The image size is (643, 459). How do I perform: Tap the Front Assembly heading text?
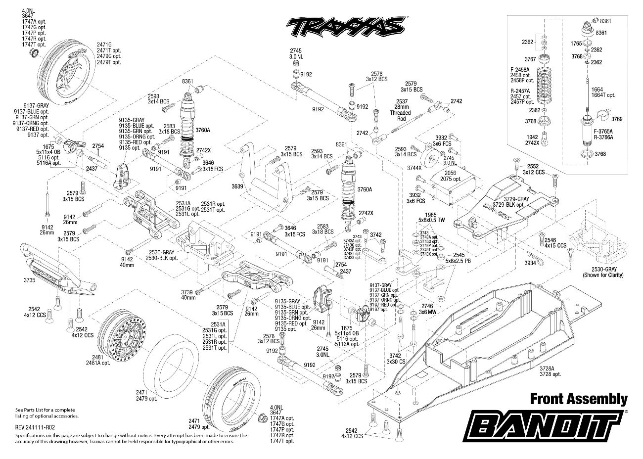(x=579, y=399)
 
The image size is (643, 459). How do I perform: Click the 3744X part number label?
(x=414, y=168)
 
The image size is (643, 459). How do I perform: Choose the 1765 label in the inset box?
(x=576, y=44)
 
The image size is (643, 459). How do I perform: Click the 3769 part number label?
(x=616, y=119)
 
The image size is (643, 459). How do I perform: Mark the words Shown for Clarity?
(x=603, y=275)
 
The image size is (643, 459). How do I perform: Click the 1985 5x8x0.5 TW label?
(x=429, y=218)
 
